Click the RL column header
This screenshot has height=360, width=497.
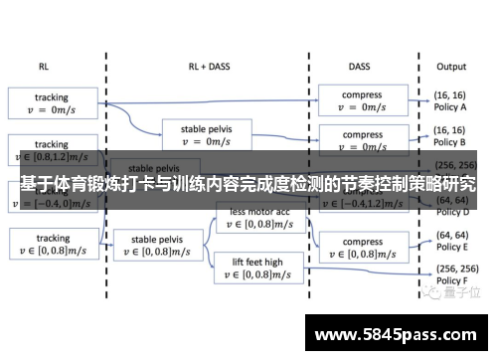pyautogui.click(x=44, y=67)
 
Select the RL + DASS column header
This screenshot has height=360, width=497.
pyautogui.click(x=208, y=67)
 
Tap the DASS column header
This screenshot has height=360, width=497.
pyautogui.click(x=360, y=67)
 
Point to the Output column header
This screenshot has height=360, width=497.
pyautogui.click(x=450, y=67)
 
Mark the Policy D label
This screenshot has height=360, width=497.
pyautogui.click(x=452, y=211)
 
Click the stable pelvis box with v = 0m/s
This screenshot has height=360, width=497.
pyautogui.click(x=208, y=134)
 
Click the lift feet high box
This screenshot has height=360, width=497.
pyautogui.click(x=257, y=267)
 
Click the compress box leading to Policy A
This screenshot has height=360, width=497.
pyautogui.click(x=362, y=101)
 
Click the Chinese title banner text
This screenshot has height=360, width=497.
pyautogui.click(x=248, y=184)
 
